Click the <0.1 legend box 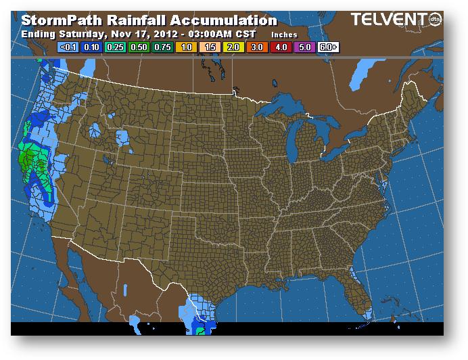pyautogui.click(x=68, y=47)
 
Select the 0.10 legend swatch pyautogui.click(x=91, y=47)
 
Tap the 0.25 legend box pyautogui.click(x=115, y=47)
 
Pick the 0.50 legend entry pyautogui.click(x=139, y=47)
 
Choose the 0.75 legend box pyautogui.click(x=162, y=47)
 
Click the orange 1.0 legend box pyautogui.click(x=186, y=47)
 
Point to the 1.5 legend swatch pyautogui.click(x=210, y=47)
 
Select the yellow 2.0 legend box pyautogui.click(x=233, y=47)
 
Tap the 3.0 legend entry pyautogui.click(x=257, y=47)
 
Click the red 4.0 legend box pyautogui.click(x=281, y=47)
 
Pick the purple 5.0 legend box pyautogui.click(x=304, y=47)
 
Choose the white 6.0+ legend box pyautogui.click(x=328, y=47)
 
